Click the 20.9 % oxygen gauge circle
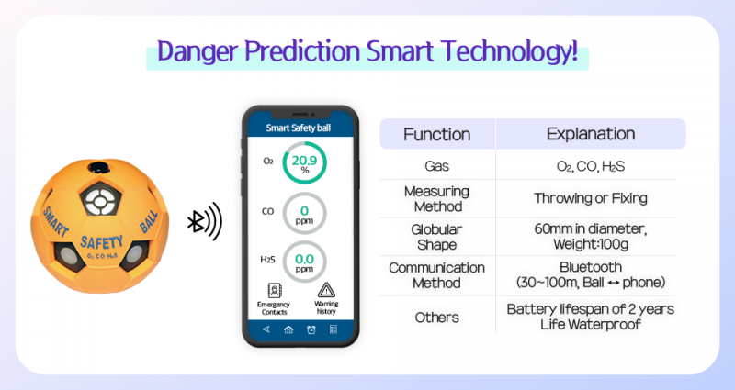(x=303, y=164)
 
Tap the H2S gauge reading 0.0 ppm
(x=303, y=262)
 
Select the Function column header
(x=436, y=134)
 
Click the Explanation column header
(x=590, y=134)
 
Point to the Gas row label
(x=436, y=166)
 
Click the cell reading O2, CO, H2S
(x=590, y=166)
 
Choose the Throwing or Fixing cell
(x=590, y=197)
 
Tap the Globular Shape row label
(x=436, y=236)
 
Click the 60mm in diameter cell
(x=590, y=228)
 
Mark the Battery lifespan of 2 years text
(x=590, y=309)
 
